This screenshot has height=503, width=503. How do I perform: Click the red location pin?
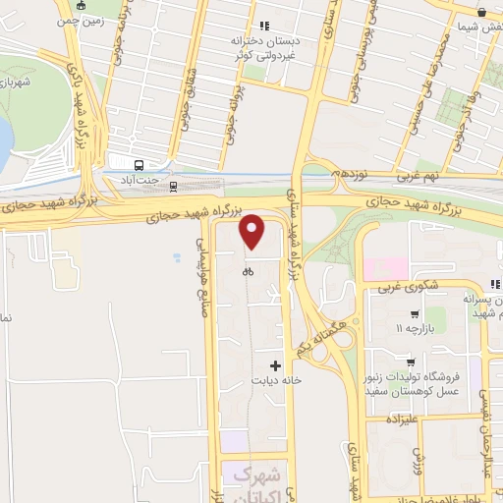(252, 232)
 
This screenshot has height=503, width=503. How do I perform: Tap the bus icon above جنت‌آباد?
(139, 165)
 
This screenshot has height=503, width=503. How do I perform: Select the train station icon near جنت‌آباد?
(174, 185)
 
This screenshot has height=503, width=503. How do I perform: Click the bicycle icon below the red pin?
(249, 271)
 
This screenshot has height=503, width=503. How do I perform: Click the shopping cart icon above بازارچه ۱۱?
(400, 313)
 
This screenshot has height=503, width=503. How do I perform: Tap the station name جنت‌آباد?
(139, 182)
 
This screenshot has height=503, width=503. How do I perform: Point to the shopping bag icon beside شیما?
(482, 12)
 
